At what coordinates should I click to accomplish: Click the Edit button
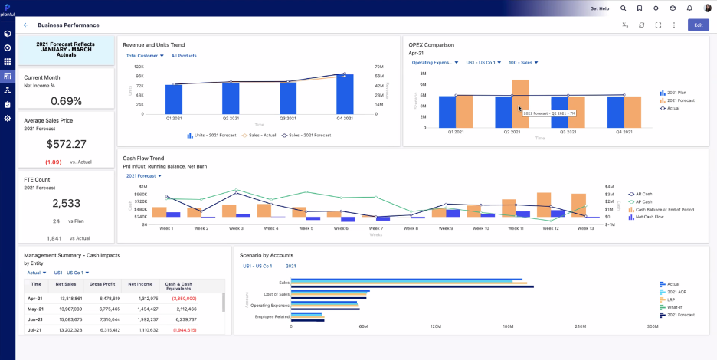698,25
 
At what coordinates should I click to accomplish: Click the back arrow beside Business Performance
26,25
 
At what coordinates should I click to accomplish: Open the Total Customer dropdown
145,56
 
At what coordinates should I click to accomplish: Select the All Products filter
184,56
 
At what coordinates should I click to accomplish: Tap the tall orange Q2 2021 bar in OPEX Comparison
520,103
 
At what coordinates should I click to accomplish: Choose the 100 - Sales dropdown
523,63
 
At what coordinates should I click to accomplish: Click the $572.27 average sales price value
66,144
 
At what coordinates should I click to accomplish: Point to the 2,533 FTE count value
66,203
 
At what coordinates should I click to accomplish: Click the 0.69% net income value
66,100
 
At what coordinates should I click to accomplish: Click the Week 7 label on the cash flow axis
375,228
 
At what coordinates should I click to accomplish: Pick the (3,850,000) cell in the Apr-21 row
184,299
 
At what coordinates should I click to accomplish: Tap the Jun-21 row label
35,319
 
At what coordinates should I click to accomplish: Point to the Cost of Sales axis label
277,294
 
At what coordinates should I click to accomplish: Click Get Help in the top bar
600,8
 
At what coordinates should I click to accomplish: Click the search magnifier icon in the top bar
623,8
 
